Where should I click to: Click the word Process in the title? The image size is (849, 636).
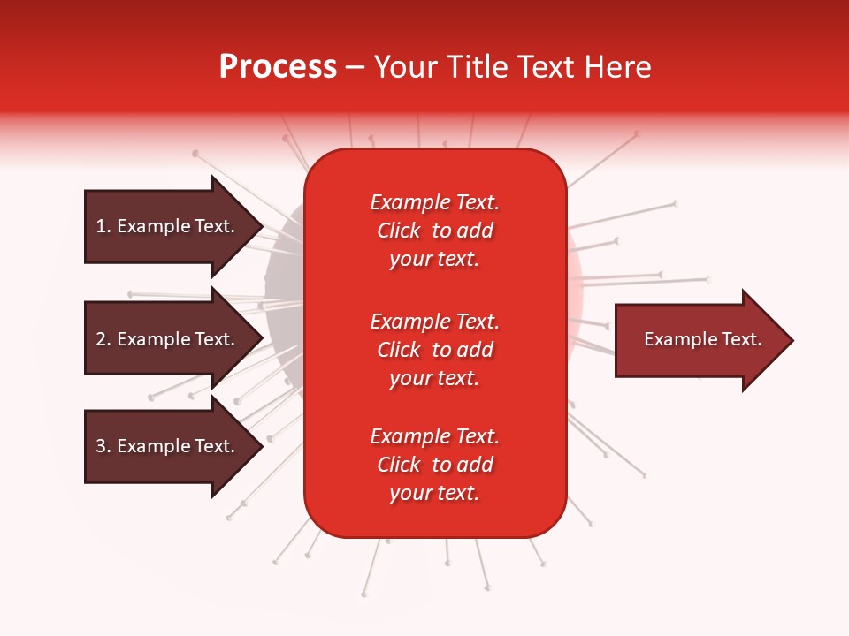278,67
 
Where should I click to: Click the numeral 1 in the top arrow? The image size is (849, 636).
101,226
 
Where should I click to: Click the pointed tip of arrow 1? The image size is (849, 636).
260,226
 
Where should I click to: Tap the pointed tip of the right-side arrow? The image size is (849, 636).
791,340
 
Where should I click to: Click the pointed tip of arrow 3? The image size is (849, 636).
260,446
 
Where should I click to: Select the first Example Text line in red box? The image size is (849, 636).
434,202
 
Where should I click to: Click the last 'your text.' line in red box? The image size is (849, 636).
434,493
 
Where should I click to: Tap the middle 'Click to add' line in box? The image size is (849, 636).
434,350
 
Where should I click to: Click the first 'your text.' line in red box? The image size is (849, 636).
434,259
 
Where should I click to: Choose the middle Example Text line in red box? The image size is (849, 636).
434,321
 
